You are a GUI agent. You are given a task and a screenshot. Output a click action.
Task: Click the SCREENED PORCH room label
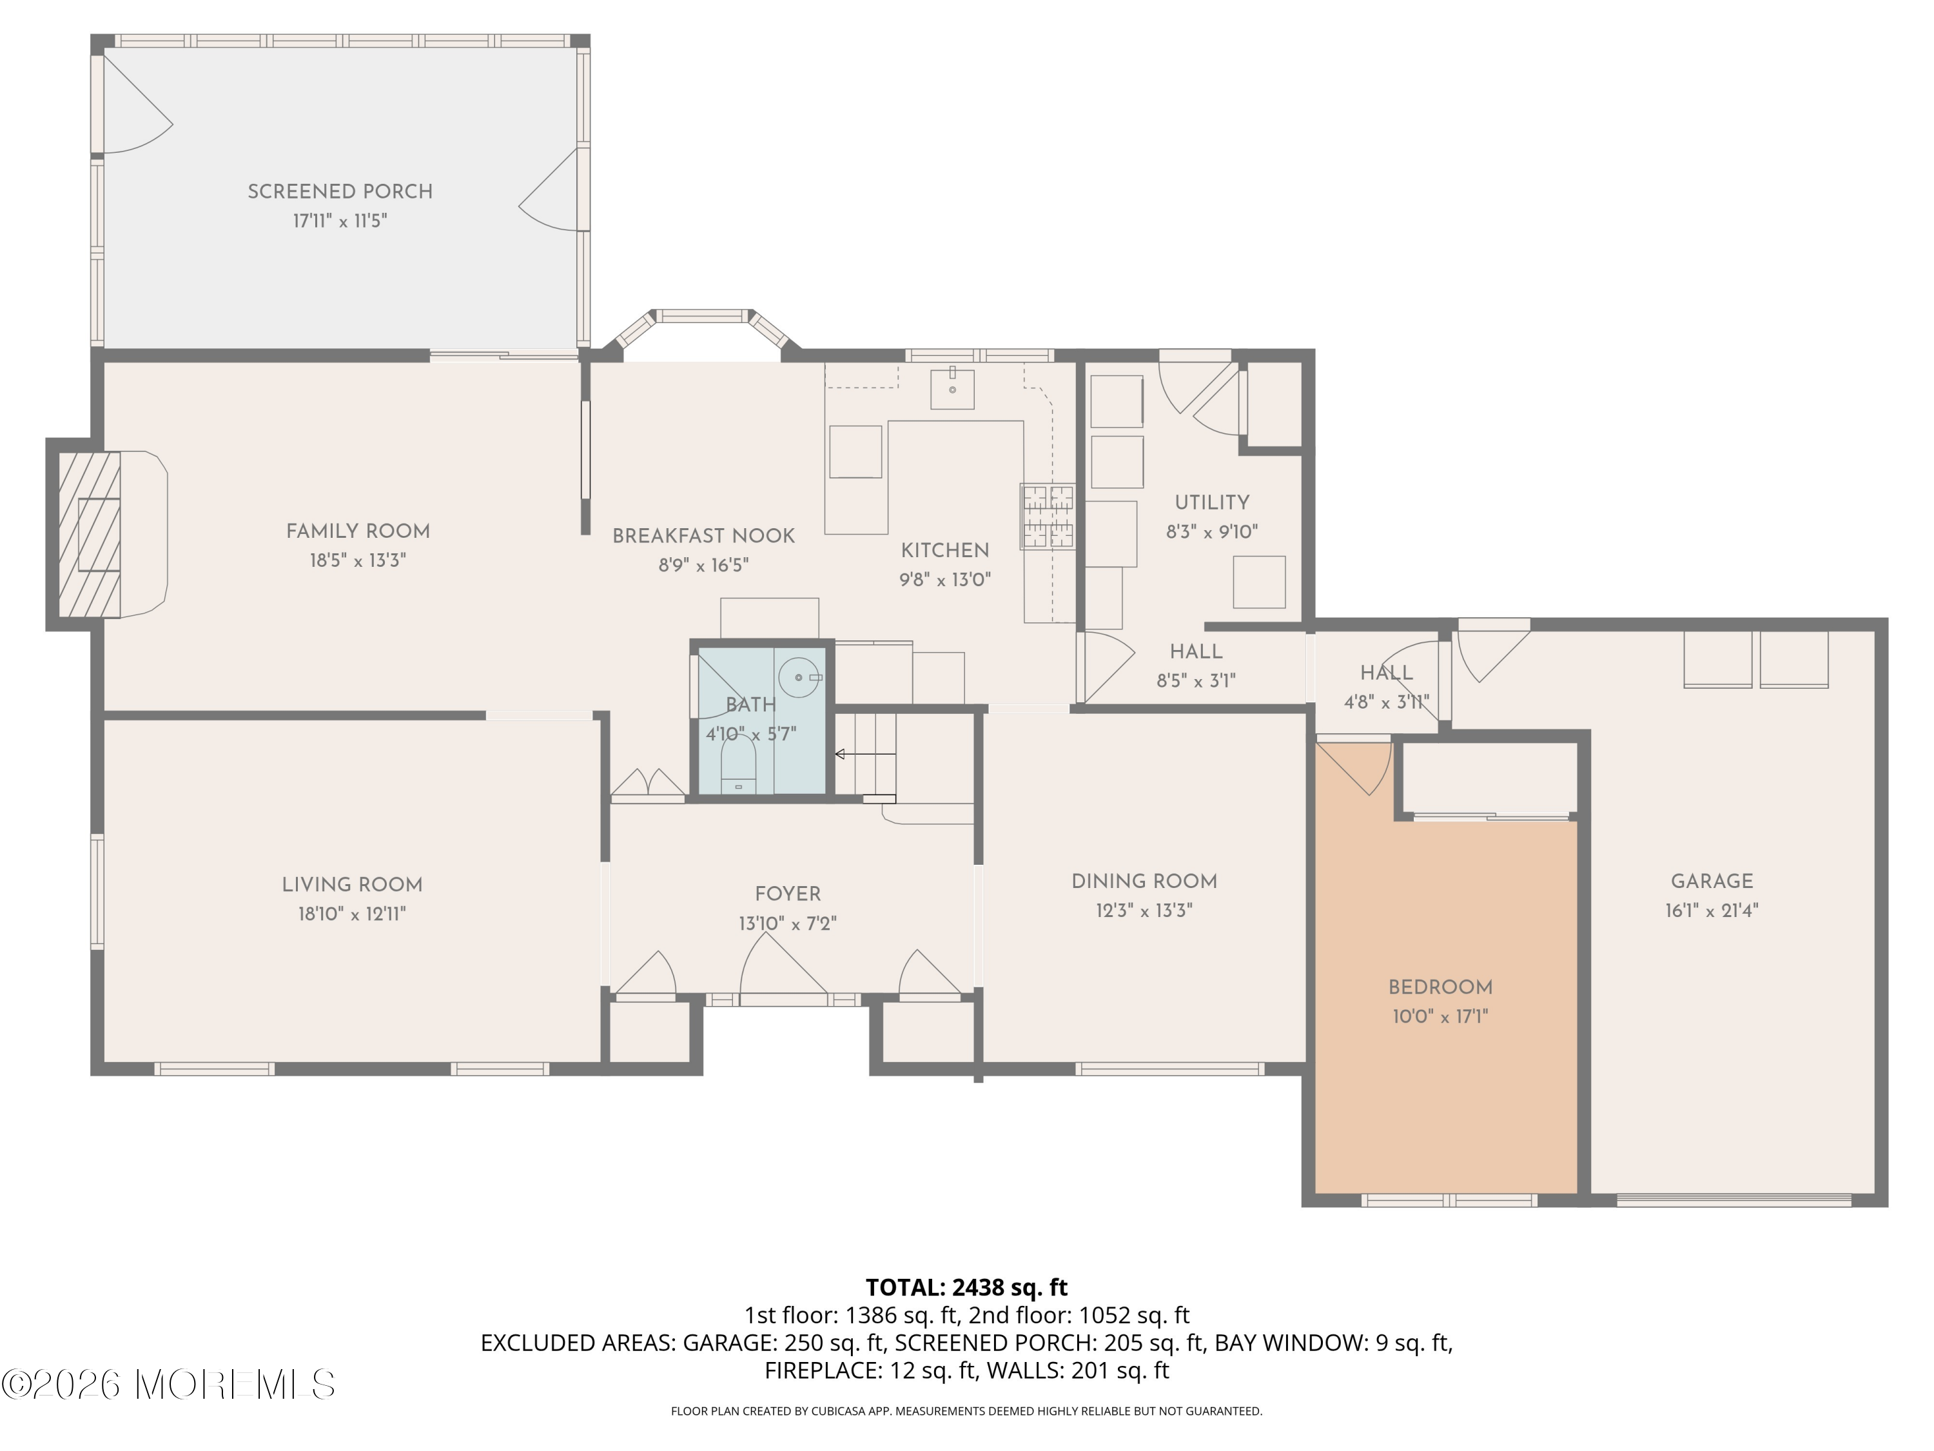coord(340,192)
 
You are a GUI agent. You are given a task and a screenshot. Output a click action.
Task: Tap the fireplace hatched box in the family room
coord(89,535)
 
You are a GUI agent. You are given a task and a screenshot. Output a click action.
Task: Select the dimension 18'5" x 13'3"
coord(358,560)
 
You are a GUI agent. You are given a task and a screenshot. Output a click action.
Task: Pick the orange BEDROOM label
coord(1440,987)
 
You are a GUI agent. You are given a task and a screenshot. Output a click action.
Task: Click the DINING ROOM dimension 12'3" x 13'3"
coord(1144,911)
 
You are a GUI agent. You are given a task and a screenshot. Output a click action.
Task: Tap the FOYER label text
coord(788,894)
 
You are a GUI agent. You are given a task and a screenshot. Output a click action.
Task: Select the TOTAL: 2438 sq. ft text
coord(966,1287)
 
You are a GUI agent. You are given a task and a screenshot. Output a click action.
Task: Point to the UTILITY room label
coord(1212,503)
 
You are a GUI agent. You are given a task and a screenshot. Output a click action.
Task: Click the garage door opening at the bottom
coord(1734,1200)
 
